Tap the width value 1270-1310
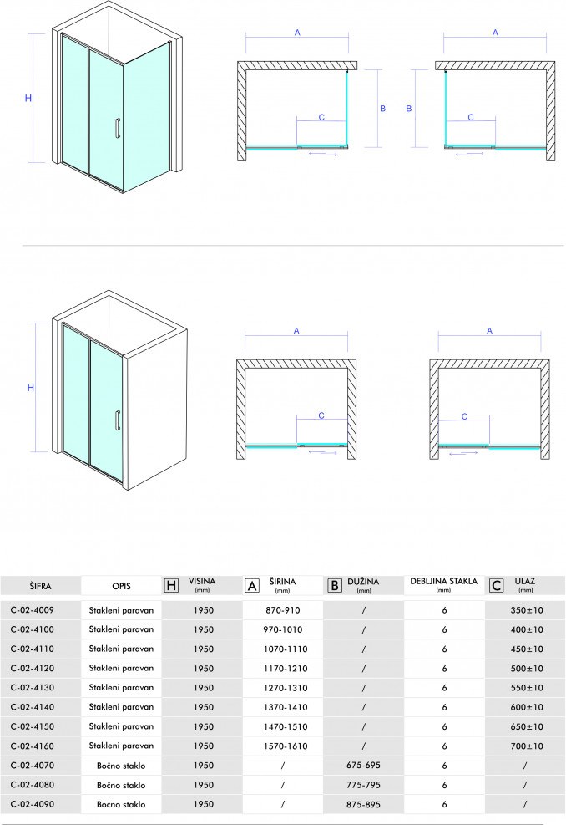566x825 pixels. (x=282, y=687)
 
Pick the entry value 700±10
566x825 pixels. (x=526, y=745)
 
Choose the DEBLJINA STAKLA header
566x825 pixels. (x=443, y=582)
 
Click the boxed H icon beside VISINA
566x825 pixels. (x=172, y=585)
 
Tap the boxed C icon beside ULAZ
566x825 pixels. (x=496, y=585)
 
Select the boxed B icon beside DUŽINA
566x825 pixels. (x=333, y=585)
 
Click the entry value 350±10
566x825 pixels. (x=526, y=609)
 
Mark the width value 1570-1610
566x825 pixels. (x=282, y=745)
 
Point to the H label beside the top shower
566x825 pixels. (x=28, y=99)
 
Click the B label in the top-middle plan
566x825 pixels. (x=382, y=109)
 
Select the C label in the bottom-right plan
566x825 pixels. (x=465, y=415)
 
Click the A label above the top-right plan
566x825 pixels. (x=495, y=33)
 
